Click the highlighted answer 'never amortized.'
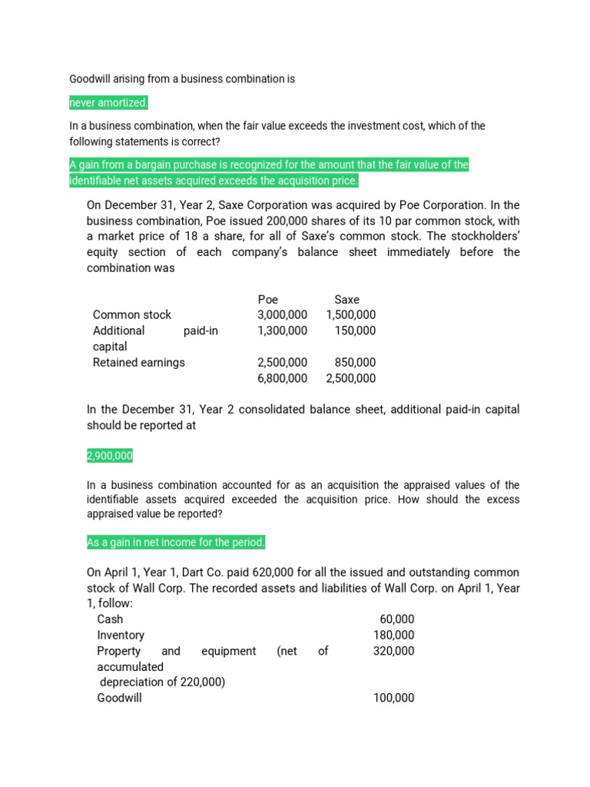coord(108,103)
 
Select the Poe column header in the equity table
coord(267,299)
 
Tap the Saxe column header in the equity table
coord(346,299)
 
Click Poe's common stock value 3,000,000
coord(282,314)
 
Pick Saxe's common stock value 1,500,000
coord(351,314)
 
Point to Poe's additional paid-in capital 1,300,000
coord(282,330)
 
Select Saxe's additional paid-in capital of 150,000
coord(356,330)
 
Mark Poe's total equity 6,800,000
coord(282,378)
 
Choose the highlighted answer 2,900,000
coord(110,457)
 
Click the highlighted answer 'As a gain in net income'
coord(176,543)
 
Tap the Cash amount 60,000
coord(397,619)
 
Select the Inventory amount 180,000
coord(393,635)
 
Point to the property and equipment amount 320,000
coord(393,651)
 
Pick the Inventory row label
coord(121,635)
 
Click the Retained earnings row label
coord(138,362)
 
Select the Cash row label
coord(110,619)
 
